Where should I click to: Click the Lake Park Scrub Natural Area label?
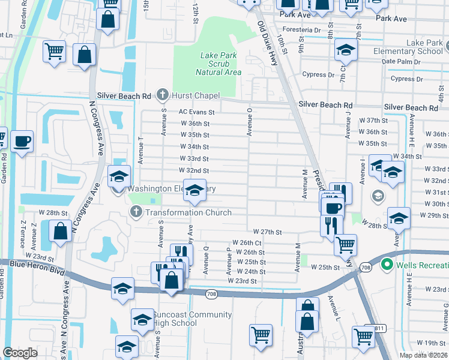[x=218, y=64]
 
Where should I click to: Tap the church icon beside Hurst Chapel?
[x=162, y=95]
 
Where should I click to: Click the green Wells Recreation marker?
[x=388, y=265]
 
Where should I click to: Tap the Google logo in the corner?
[x=20, y=353]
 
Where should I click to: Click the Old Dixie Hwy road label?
[x=268, y=43]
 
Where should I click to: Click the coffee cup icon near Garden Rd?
[x=22, y=142]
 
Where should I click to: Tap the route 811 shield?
[x=379, y=328]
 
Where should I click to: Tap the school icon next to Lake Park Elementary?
[x=346, y=50]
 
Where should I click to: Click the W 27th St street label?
[x=267, y=232]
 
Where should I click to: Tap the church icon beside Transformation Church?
[x=136, y=212]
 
